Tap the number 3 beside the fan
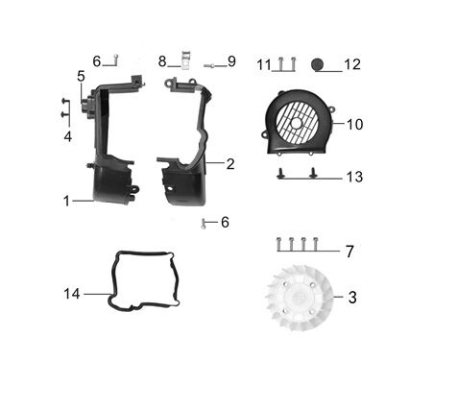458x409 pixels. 351,298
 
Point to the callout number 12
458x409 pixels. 351,64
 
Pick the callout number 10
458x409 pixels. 354,125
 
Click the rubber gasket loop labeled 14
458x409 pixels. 140,282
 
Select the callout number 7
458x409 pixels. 350,252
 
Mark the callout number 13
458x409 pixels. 354,177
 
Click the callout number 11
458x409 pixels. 263,64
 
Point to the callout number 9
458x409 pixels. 231,61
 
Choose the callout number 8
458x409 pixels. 162,60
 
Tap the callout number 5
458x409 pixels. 82,75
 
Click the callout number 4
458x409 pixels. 67,136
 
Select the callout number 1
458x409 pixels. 66,201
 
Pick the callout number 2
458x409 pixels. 230,163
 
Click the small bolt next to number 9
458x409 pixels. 210,64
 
